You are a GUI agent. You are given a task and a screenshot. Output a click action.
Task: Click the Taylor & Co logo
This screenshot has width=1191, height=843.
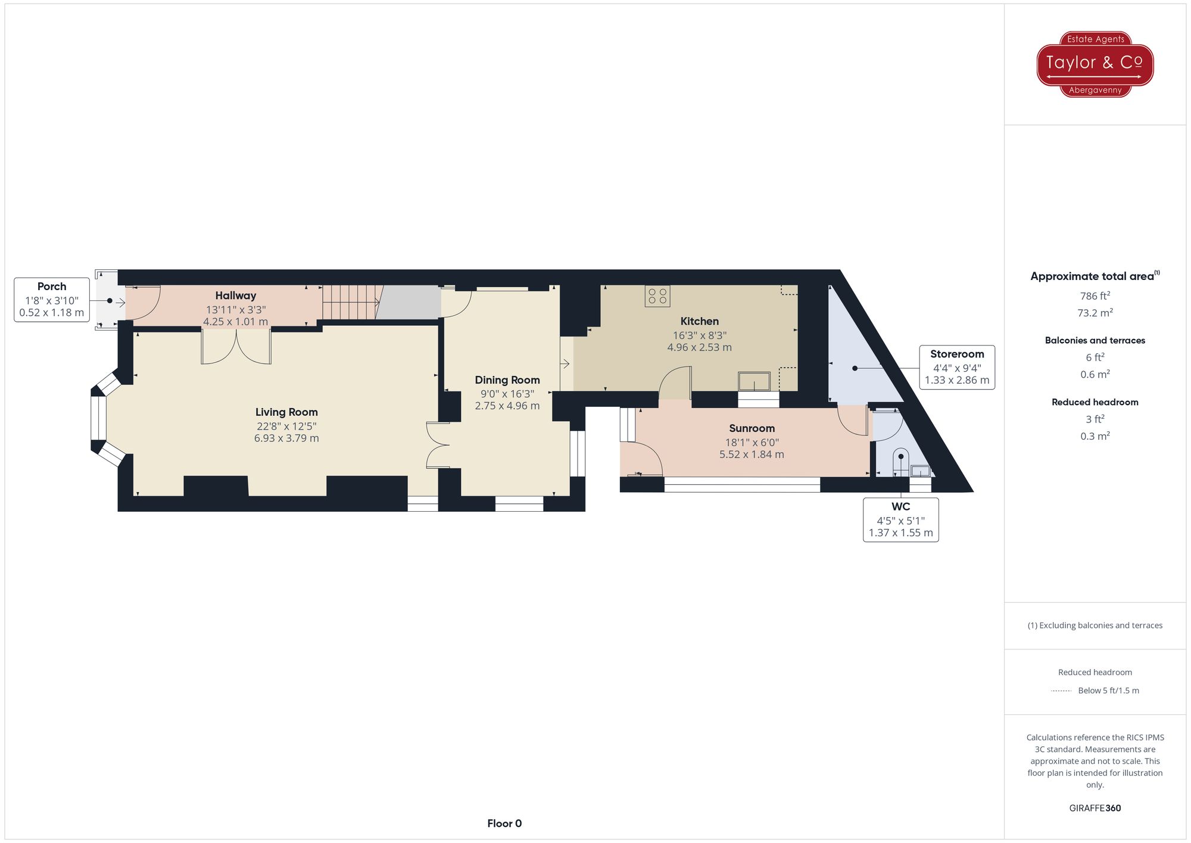coord(1095,64)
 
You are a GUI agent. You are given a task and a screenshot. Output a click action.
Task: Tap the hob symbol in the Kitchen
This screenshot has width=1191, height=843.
coord(657,296)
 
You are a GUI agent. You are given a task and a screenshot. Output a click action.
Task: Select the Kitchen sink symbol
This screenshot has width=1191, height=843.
coord(754,381)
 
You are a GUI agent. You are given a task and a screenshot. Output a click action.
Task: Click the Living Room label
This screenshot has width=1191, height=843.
coord(286,412)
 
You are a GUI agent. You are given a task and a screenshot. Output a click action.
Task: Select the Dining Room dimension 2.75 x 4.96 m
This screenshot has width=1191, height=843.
coord(507,406)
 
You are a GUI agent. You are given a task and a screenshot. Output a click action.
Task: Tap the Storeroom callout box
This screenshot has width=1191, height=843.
coord(956,367)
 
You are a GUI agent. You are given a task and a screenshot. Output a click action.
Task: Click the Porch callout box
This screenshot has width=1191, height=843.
coord(52,300)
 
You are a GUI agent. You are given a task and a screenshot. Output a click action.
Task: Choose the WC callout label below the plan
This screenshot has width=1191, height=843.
coord(900,520)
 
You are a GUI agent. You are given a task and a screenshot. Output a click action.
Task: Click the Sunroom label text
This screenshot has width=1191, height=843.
coord(752,428)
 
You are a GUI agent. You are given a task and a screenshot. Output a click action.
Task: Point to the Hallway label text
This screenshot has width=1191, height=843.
coord(236,295)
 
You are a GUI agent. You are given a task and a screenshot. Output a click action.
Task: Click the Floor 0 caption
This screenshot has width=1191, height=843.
coord(504,823)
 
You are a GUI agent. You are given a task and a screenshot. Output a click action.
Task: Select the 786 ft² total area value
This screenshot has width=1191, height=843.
coord(1095,296)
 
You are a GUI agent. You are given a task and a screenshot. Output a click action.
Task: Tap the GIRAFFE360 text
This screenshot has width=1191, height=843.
coord(1095,808)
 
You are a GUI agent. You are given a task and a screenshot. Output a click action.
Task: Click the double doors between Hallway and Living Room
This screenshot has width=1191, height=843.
coord(236,347)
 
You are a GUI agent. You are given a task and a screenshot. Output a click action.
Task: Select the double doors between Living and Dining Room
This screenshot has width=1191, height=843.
coord(437,445)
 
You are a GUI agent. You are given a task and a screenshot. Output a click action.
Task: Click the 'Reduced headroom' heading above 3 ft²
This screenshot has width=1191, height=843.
coord(1095,402)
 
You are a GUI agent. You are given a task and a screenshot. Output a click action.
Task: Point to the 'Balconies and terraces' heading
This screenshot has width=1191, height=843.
coord(1095,340)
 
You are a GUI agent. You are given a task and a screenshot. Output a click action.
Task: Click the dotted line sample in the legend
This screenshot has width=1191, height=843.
coord(1061,691)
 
